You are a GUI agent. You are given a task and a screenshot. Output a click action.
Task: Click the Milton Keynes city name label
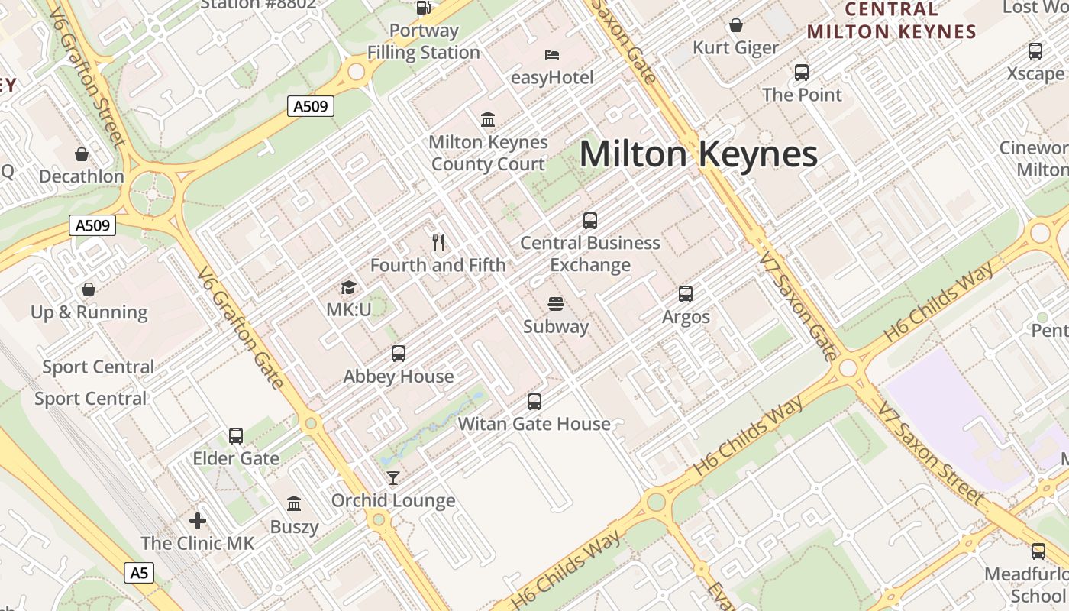coord(699,155)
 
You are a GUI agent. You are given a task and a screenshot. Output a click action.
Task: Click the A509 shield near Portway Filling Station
coord(312,106)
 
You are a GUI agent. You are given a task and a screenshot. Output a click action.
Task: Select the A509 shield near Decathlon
coord(92,225)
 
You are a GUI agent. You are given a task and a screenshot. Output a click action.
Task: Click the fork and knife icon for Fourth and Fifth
coord(438,243)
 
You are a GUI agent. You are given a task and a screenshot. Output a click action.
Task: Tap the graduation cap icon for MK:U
coord(348,288)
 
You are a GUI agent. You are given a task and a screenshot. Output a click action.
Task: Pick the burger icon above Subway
coord(556,304)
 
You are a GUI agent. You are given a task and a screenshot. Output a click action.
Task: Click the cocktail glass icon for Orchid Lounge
coord(393,478)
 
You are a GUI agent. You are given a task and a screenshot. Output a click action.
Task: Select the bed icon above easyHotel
coord(552,55)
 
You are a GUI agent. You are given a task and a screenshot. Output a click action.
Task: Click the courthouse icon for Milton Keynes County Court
coord(488,119)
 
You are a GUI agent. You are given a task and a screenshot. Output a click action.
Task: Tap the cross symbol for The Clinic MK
coord(198,522)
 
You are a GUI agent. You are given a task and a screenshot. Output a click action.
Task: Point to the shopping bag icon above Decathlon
coord(82,154)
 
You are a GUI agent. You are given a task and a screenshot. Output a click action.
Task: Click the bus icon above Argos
coord(686,294)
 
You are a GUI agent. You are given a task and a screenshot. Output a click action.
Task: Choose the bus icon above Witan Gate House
coord(534,402)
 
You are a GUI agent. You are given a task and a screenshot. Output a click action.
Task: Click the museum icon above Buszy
coord(294,504)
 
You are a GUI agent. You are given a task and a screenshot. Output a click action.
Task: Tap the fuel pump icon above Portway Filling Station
coord(424,8)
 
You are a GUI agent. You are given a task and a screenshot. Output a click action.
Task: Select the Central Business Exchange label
coord(590,254)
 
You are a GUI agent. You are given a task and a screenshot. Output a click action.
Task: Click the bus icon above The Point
coord(802,73)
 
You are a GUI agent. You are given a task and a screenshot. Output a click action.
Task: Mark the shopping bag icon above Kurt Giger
coord(736,26)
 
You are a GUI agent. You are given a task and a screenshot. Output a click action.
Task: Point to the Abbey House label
coord(399,377)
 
